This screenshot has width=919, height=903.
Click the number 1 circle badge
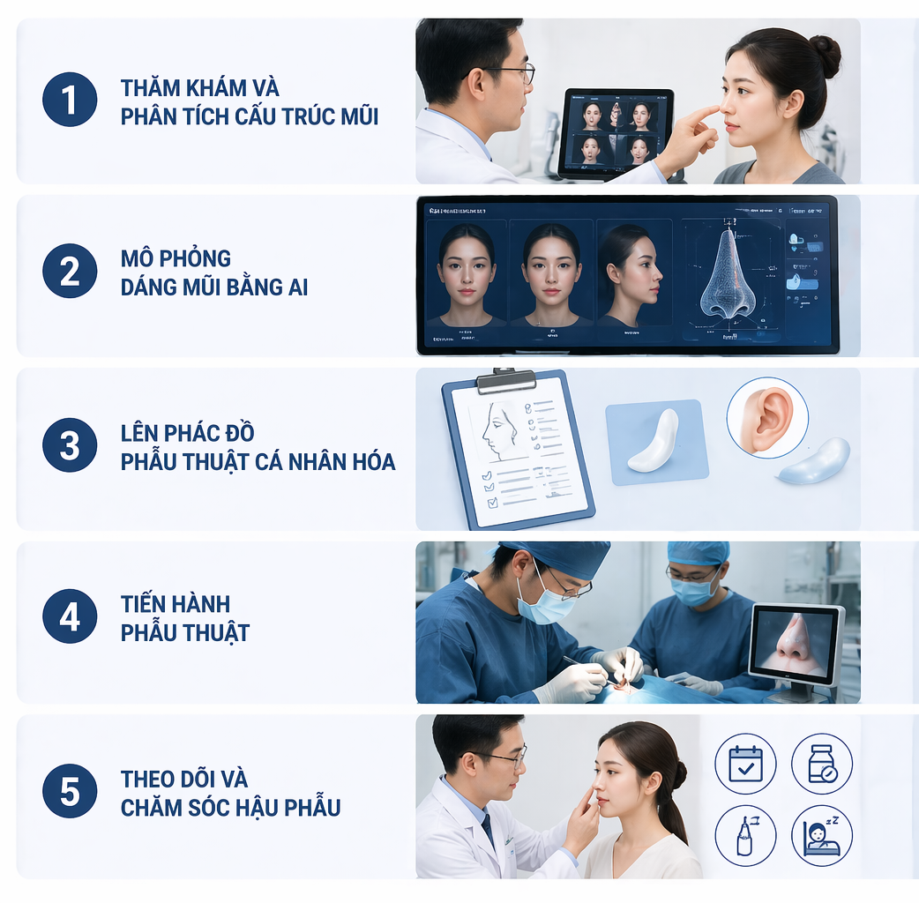[70, 101]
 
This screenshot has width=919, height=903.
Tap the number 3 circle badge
[70, 445]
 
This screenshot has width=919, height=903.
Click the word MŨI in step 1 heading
[356, 116]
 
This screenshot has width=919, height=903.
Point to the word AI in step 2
[296, 287]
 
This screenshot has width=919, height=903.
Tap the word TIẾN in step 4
[147, 604]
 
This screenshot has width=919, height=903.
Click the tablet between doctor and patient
[616, 133]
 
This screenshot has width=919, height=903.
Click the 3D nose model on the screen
[727, 273]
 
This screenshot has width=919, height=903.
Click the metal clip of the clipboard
[505, 380]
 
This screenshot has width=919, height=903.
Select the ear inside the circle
[766, 418]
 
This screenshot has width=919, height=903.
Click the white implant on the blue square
[654, 440]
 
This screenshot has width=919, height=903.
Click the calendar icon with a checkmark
[745, 764]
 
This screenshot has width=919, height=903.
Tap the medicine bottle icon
[821, 764]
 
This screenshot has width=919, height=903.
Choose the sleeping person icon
[821, 834]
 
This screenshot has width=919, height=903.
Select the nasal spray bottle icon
[745, 834]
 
